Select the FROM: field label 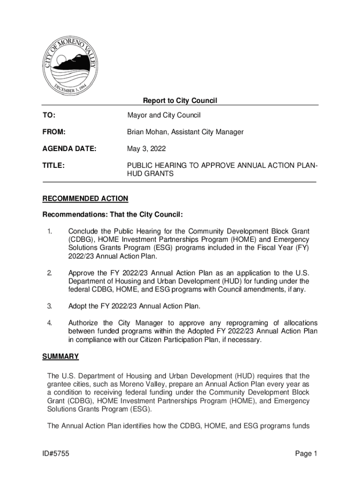pos(54,132)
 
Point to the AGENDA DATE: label pos(69,149)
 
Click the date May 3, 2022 pos(146,149)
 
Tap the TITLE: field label pos(53,166)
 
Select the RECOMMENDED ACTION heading pos(85,199)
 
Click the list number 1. pos(49,232)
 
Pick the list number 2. pos(49,273)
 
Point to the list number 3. pos(49,306)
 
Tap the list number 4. pos(49,323)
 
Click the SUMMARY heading pos(61,356)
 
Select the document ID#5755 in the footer pos(56,453)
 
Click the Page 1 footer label pos(306,453)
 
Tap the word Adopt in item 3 pos(78,306)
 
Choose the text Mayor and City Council pos(164,115)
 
